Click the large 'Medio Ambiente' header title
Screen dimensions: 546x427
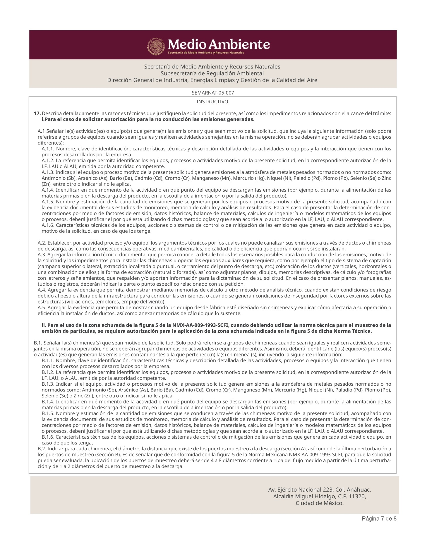point(219,44)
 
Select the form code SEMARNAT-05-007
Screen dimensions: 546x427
point(213,93)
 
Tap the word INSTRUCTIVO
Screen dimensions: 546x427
point(212,102)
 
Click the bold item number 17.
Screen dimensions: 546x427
point(37,114)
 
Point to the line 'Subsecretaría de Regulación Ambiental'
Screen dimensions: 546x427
point(212,73)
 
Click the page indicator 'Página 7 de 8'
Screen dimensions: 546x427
point(379,519)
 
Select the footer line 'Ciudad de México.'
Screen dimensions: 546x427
point(320,503)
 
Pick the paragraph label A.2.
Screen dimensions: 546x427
point(42,243)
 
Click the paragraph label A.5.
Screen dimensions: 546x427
point(42,308)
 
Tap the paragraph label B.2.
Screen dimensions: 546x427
point(42,449)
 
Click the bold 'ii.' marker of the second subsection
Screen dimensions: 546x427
point(44,325)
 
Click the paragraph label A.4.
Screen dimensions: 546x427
point(42,290)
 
